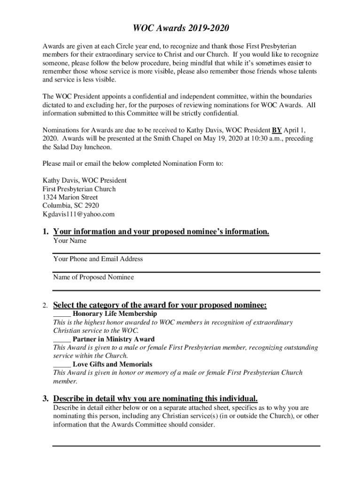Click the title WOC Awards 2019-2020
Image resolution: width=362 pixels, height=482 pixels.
click(181, 29)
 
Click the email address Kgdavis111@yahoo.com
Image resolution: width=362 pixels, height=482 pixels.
click(79, 214)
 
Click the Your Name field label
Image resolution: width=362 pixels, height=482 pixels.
click(70, 241)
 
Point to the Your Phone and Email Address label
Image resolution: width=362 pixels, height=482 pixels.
click(98, 259)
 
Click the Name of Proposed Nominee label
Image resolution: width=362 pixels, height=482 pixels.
click(93, 277)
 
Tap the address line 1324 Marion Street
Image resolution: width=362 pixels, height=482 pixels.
click(70, 197)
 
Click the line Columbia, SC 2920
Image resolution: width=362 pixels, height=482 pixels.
click(71, 206)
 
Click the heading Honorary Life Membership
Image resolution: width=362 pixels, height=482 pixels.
click(115, 313)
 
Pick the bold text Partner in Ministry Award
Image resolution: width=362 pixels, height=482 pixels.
click(113, 339)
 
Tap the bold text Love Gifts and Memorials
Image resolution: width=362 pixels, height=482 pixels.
click(112, 364)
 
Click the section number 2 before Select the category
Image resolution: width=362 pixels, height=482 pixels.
click(44, 306)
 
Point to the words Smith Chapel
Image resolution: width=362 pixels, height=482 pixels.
click(161, 138)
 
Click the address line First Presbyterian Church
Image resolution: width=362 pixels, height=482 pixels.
click(79, 189)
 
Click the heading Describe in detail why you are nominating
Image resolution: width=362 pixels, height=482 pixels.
click(155, 398)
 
